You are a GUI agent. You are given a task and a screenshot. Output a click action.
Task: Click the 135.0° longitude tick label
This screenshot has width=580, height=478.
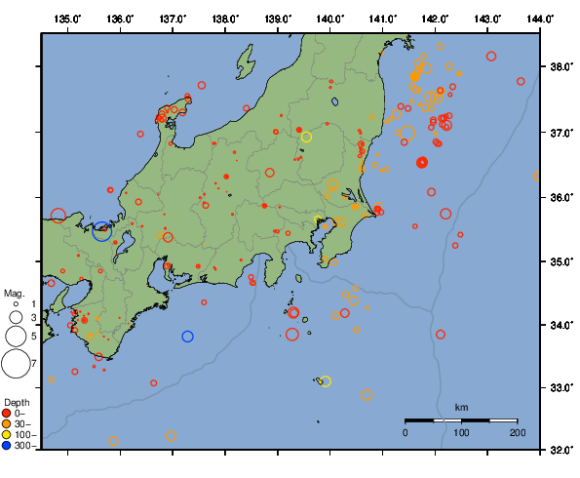point(67,18)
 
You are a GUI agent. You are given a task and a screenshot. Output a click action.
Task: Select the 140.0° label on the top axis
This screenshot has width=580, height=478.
point(330,18)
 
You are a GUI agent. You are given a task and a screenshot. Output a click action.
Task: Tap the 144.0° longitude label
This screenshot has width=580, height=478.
point(540,18)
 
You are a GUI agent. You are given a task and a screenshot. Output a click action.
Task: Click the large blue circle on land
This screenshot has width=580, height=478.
point(102,231)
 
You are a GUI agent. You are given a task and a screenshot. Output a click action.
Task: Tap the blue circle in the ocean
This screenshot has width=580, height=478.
point(188,337)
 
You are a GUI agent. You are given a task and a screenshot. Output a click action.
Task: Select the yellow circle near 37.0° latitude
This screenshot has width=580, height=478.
point(306,137)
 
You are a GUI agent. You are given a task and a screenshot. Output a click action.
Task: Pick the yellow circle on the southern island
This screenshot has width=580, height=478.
point(326,381)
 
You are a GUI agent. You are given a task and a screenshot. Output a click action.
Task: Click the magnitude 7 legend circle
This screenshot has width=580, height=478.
point(15,364)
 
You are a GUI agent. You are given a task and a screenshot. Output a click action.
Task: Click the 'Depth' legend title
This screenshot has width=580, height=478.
point(17,402)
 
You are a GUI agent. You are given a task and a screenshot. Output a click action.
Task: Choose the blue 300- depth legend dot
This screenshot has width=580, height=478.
point(8,446)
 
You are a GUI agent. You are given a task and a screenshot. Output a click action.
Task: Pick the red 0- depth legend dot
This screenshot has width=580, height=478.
point(8,414)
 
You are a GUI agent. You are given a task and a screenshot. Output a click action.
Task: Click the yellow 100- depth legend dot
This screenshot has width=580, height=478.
point(8,435)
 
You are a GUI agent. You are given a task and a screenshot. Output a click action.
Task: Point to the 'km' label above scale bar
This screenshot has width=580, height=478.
point(461,407)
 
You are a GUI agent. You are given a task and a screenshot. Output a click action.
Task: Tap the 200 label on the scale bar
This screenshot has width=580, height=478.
point(517,432)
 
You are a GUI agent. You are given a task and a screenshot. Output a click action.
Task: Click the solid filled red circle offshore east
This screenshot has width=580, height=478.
point(422,163)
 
